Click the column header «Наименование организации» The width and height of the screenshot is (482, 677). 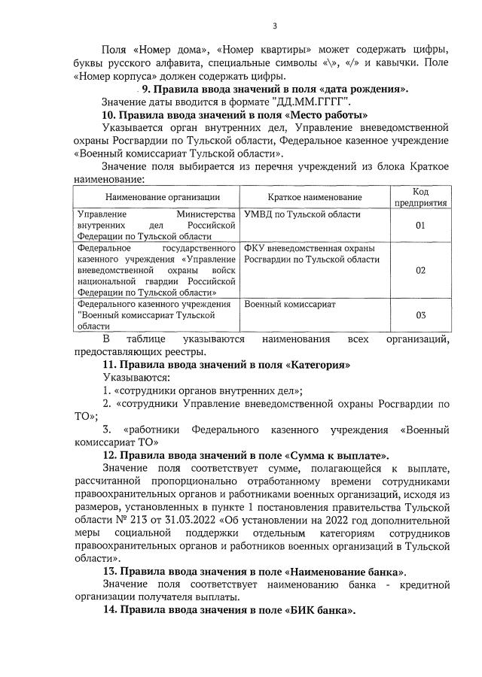click(157, 197)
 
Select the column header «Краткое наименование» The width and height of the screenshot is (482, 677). click(314, 197)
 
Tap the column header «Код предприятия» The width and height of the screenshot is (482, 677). click(421, 197)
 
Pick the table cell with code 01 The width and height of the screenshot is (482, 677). click(421, 226)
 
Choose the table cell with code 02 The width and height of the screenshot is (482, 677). click(421, 270)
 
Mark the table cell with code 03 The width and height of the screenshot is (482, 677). click(421, 315)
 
